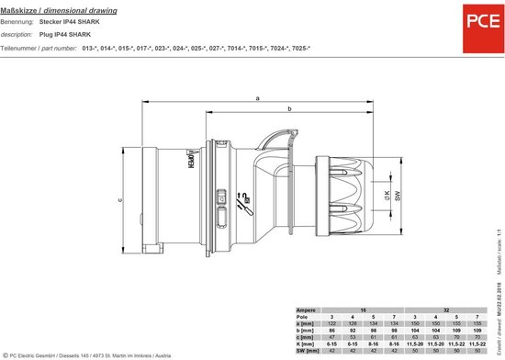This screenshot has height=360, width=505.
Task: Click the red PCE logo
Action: tap(476, 21)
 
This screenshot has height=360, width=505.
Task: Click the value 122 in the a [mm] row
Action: tap(337, 324)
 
